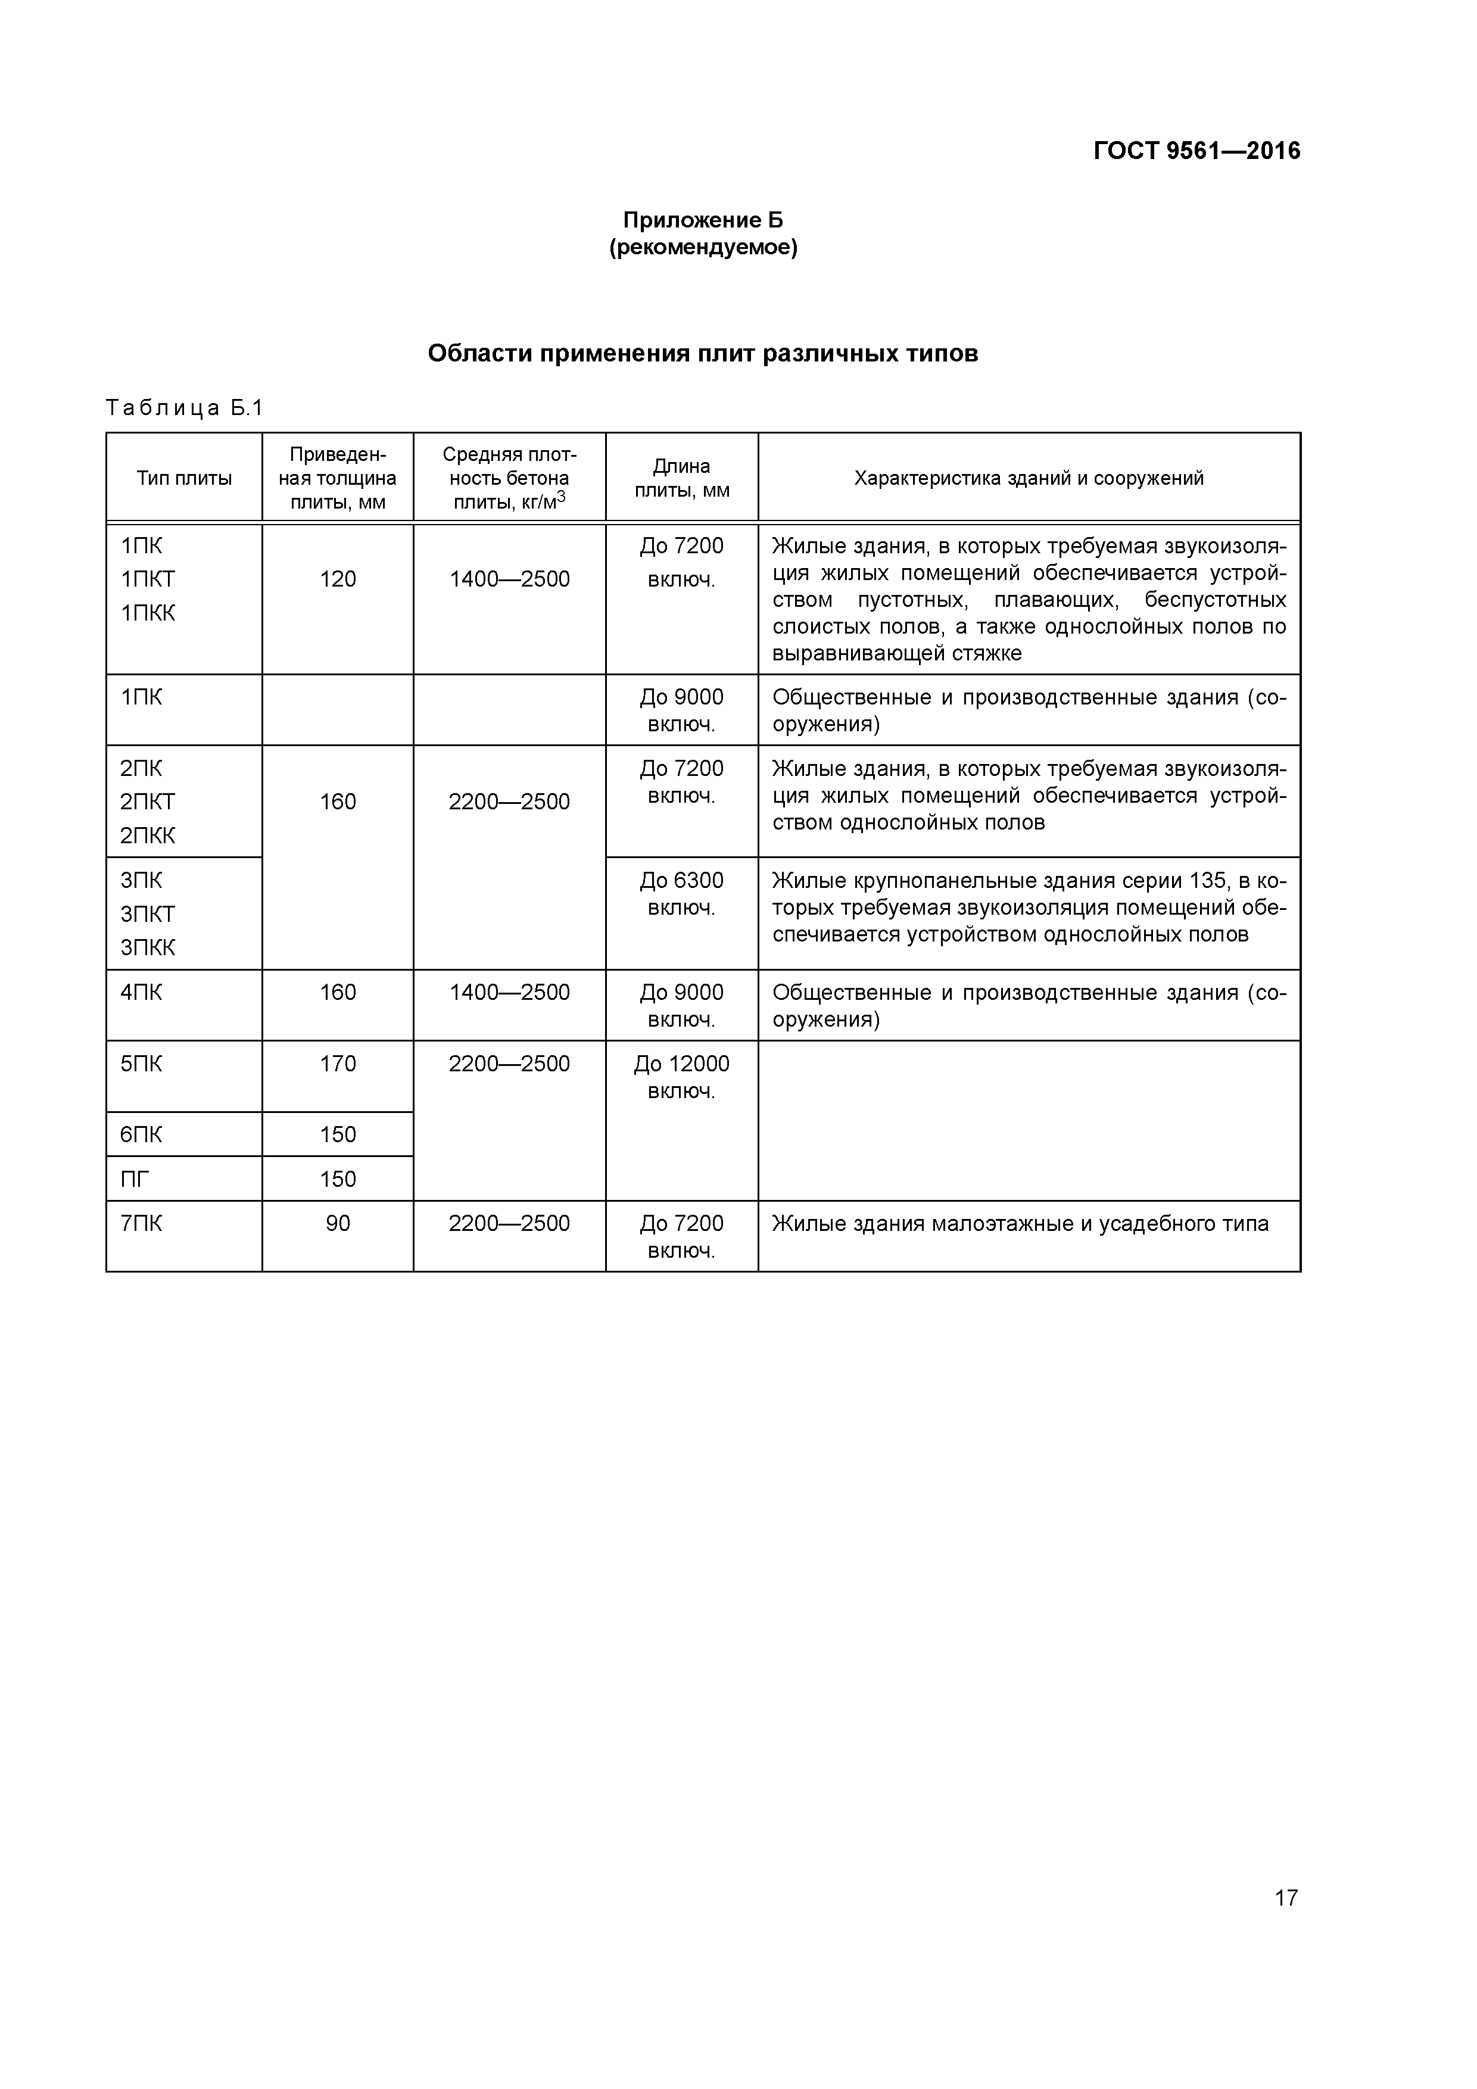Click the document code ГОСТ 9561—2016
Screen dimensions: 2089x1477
pyautogui.click(x=1196, y=151)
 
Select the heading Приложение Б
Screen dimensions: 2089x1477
pyautogui.click(x=703, y=220)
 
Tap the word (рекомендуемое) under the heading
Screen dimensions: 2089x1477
pyautogui.click(x=703, y=248)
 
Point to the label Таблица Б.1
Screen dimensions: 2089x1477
pyautogui.click(x=184, y=407)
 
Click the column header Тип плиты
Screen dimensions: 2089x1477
pyautogui.click(x=184, y=478)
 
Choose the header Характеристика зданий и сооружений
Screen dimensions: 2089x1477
pyautogui.click(x=1029, y=478)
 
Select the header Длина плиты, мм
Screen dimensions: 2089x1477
pyautogui.click(x=681, y=478)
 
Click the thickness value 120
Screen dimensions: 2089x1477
pyautogui.click(x=338, y=579)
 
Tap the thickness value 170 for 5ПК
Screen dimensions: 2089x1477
pyautogui.click(x=338, y=1064)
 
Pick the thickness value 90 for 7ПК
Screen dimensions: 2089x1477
pyautogui.click(x=338, y=1224)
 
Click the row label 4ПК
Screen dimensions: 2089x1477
pyautogui.click(x=141, y=993)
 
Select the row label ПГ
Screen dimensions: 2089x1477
pyautogui.click(x=135, y=1179)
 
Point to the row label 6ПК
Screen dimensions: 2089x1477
pyautogui.click(x=141, y=1134)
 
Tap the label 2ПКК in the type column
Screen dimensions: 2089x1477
pyautogui.click(x=148, y=836)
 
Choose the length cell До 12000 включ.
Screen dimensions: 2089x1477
pyautogui.click(x=681, y=1077)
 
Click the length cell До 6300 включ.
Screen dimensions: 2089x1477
pyautogui.click(x=681, y=894)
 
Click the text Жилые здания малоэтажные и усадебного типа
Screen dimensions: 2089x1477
pyautogui.click(x=1020, y=1224)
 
